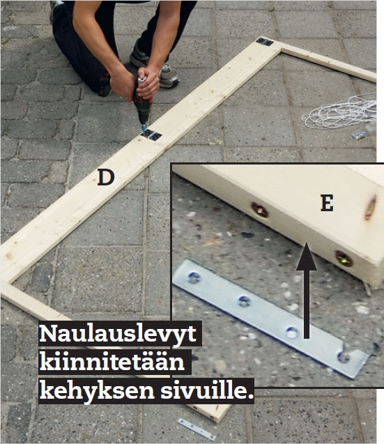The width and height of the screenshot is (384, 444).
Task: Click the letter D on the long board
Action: pos(106,178)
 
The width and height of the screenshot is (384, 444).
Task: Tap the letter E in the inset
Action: pos(327,203)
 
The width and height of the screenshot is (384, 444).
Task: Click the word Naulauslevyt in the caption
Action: pos(118,334)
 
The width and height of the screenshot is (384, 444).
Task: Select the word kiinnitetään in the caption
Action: pos(112,362)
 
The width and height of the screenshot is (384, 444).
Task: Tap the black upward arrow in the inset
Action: pos(306,290)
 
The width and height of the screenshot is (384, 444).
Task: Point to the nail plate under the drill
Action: pos(151,135)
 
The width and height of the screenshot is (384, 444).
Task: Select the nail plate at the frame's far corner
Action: pos(265,42)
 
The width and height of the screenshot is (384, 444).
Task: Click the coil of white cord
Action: pos(340,111)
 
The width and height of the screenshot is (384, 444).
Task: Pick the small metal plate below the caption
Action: pos(197,429)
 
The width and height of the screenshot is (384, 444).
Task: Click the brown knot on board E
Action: pos(370,208)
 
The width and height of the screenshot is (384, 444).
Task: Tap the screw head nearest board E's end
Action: pos(344,259)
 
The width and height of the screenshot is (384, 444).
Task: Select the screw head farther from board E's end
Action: pos(259,210)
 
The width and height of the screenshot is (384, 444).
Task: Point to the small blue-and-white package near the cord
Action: pos(359,135)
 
